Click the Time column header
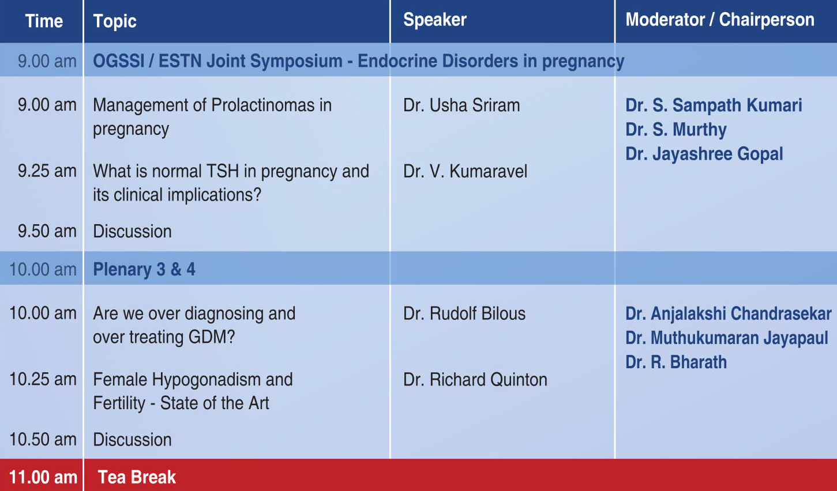[x=44, y=21]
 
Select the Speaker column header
[x=435, y=20]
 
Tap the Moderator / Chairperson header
[x=720, y=20]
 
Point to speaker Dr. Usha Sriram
[x=461, y=105]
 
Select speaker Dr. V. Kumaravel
[x=465, y=171]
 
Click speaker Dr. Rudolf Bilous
[x=464, y=314]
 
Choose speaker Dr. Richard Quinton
[x=475, y=380]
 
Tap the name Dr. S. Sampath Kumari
[x=714, y=105]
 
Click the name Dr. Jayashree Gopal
[x=704, y=154]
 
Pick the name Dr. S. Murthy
[x=676, y=130]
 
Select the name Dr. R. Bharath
[x=676, y=362]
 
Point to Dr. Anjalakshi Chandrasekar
[x=728, y=314]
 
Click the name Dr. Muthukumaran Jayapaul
[x=727, y=338]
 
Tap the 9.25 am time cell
[x=47, y=171]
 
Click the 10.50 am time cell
[x=43, y=439]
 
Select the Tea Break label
[x=137, y=477]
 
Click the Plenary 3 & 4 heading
[x=144, y=269]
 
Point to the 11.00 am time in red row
[x=43, y=478]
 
